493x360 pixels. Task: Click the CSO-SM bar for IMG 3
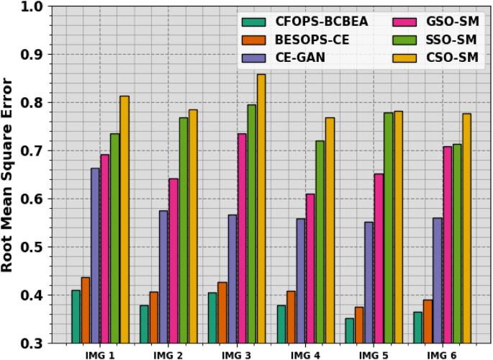(x=261, y=209)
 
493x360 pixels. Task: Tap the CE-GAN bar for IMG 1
(x=95, y=255)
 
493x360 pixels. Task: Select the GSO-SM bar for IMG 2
(x=173, y=260)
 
